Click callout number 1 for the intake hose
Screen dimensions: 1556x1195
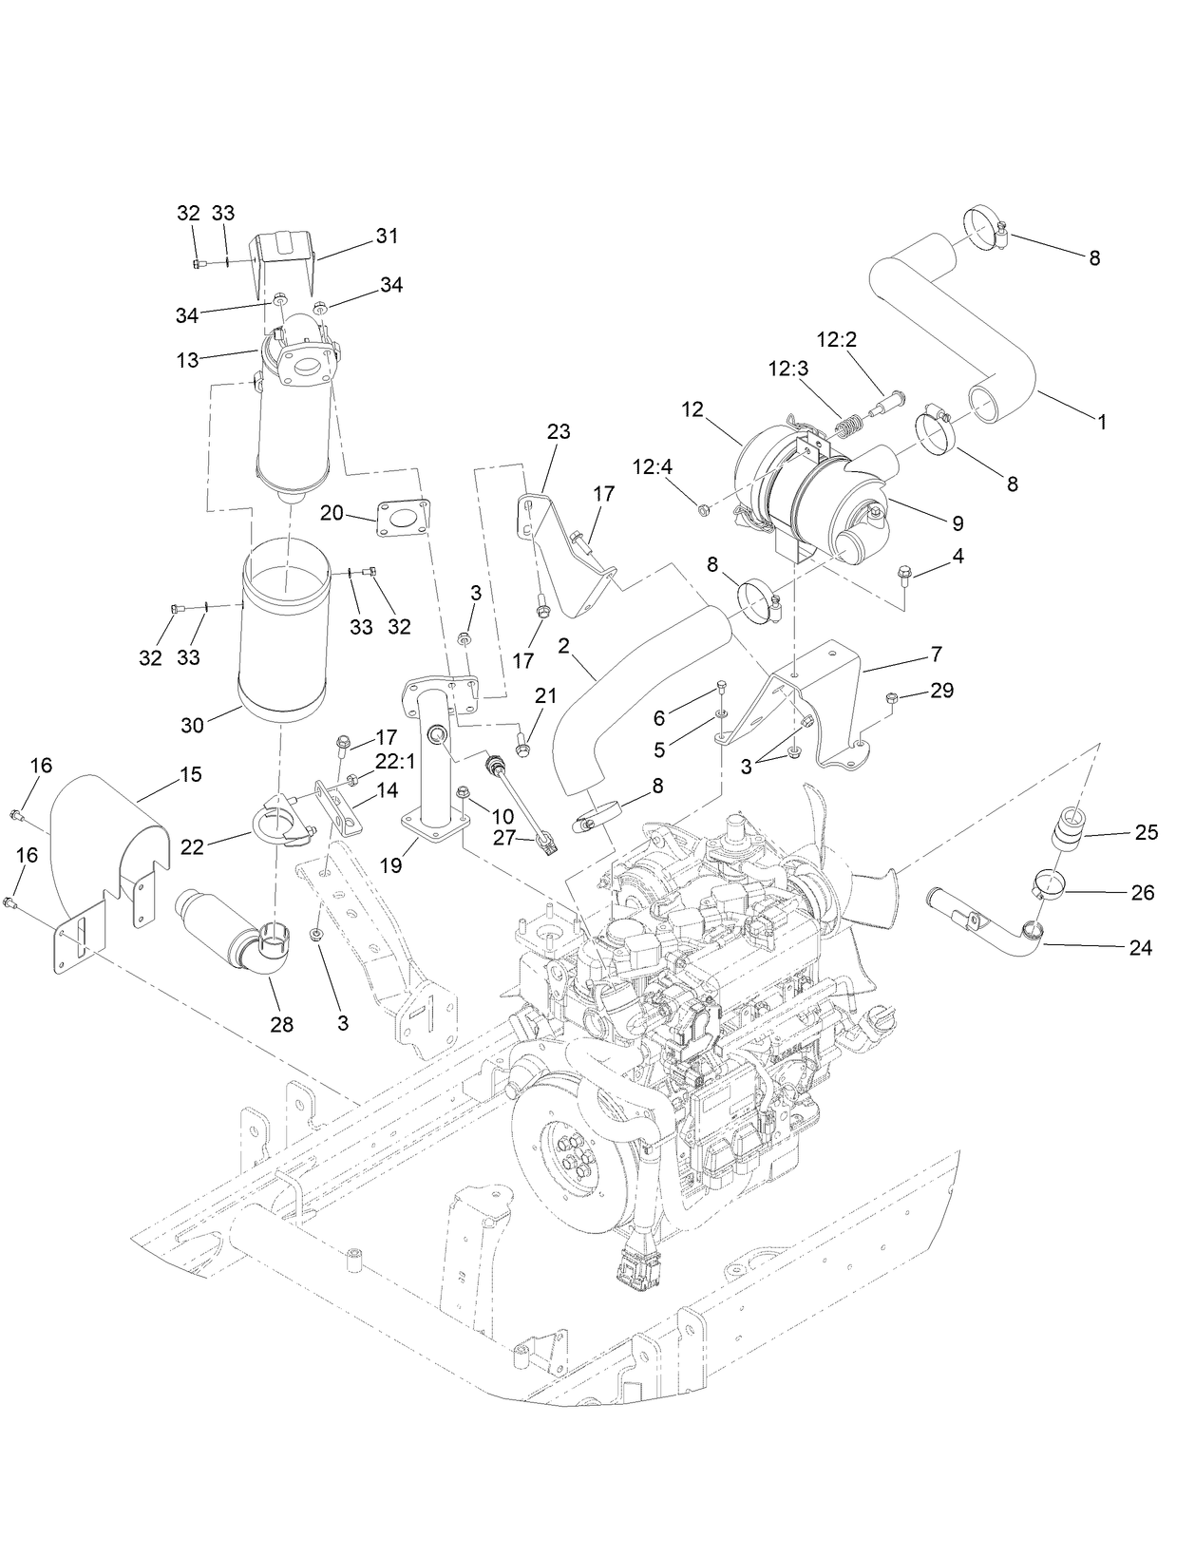click(1102, 423)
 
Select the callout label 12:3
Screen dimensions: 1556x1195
click(789, 369)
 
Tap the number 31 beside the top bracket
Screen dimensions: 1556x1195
click(387, 237)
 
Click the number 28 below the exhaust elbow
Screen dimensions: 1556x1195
click(282, 1024)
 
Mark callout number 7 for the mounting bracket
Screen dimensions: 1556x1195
click(936, 654)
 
